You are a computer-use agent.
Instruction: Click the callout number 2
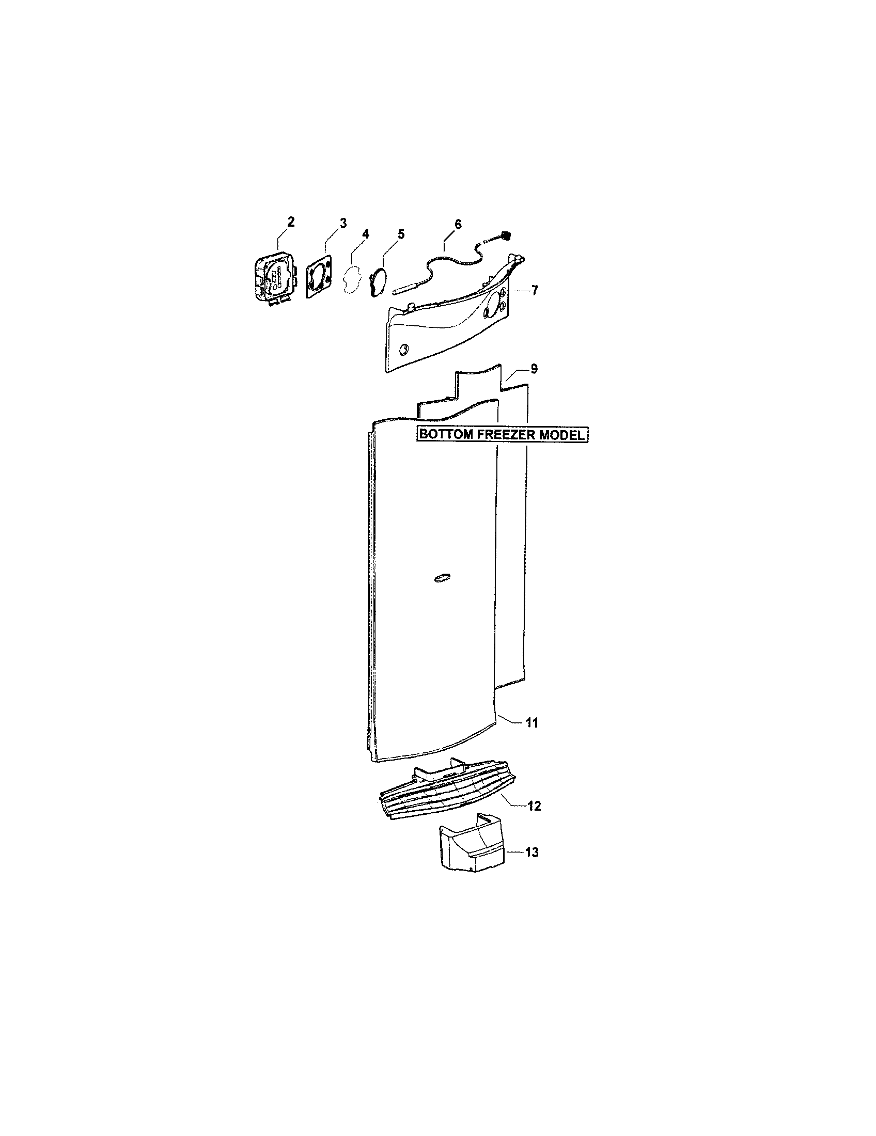290,222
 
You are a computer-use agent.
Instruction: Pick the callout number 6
458,224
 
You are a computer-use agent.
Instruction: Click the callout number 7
535,290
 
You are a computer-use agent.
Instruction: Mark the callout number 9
534,369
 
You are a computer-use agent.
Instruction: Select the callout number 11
531,722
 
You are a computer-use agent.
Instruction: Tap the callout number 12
534,806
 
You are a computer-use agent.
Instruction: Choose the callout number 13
531,853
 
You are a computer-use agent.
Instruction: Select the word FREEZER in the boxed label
505,435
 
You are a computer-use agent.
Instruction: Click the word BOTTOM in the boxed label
446,435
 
